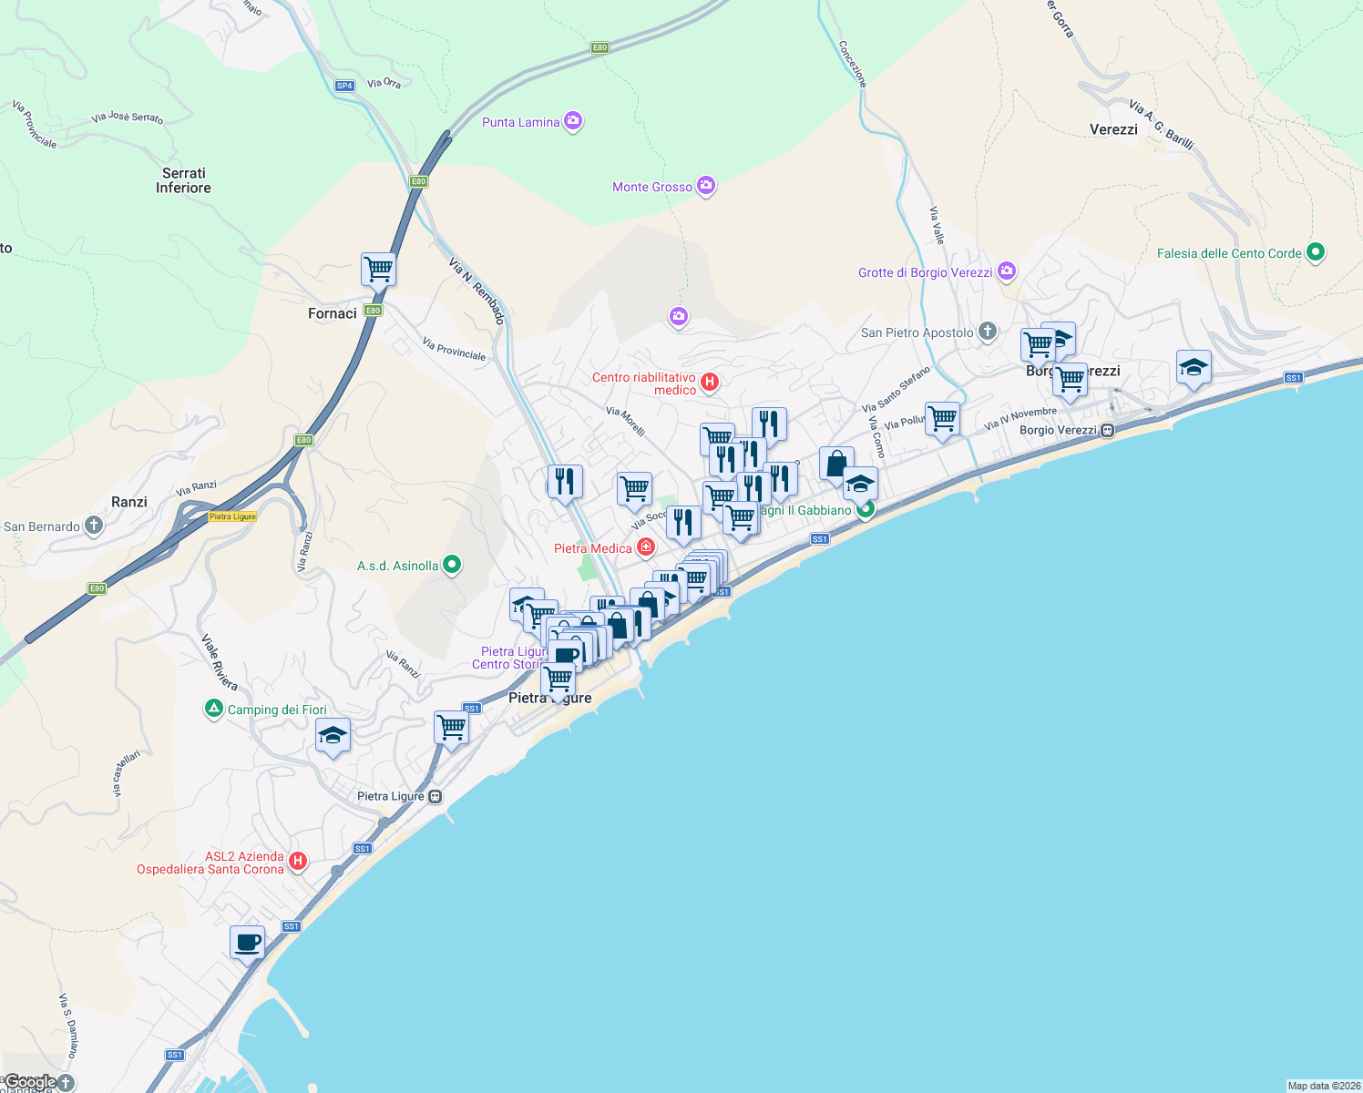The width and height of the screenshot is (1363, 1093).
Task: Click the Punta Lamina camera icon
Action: pyautogui.click(x=573, y=121)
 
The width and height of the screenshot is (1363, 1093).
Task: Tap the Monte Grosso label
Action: pyautogui.click(x=651, y=187)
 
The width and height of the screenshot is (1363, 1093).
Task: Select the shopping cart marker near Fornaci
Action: pyautogui.click(x=378, y=270)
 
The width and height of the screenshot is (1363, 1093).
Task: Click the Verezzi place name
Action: pyautogui.click(x=1113, y=129)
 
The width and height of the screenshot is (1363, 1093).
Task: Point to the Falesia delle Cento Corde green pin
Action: pyautogui.click(x=1315, y=252)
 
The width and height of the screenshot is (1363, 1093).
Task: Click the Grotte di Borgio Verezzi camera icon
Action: pyautogui.click(x=1006, y=271)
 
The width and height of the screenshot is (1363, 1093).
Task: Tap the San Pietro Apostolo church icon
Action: pyautogui.click(x=988, y=332)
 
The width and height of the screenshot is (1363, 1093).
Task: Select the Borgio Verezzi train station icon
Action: pyautogui.click(x=1107, y=430)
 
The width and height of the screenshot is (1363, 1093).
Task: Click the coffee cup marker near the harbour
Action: pyautogui.click(x=247, y=943)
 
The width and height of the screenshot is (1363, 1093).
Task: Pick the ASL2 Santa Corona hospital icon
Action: pyautogui.click(x=297, y=861)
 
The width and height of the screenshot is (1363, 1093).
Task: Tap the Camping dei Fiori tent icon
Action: pyautogui.click(x=214, y=709)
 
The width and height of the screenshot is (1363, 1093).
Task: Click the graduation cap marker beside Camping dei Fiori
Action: pyautogui.click(x=333, y=736)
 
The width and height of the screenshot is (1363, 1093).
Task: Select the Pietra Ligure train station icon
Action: pyautogui.click(x=436, y=796)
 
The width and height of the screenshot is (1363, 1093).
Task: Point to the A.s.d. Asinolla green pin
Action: pyautogui.click(x=451, y=565)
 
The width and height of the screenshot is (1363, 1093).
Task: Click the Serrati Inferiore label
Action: pyautogui.click(x=183, y=180)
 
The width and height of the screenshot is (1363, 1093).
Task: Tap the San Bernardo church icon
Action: pyautogui.click(x=93, y=526)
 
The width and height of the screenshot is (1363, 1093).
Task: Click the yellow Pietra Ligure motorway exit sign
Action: pyautogui.click(x=232, y=516)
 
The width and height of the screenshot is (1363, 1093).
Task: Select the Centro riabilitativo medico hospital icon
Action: pyautogui.click(x=709, y=382)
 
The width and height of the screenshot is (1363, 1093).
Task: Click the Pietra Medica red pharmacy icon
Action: pyautogui.click(x=646, y=547)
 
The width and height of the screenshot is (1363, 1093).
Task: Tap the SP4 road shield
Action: pyautogui.click(x=344, y=86)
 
